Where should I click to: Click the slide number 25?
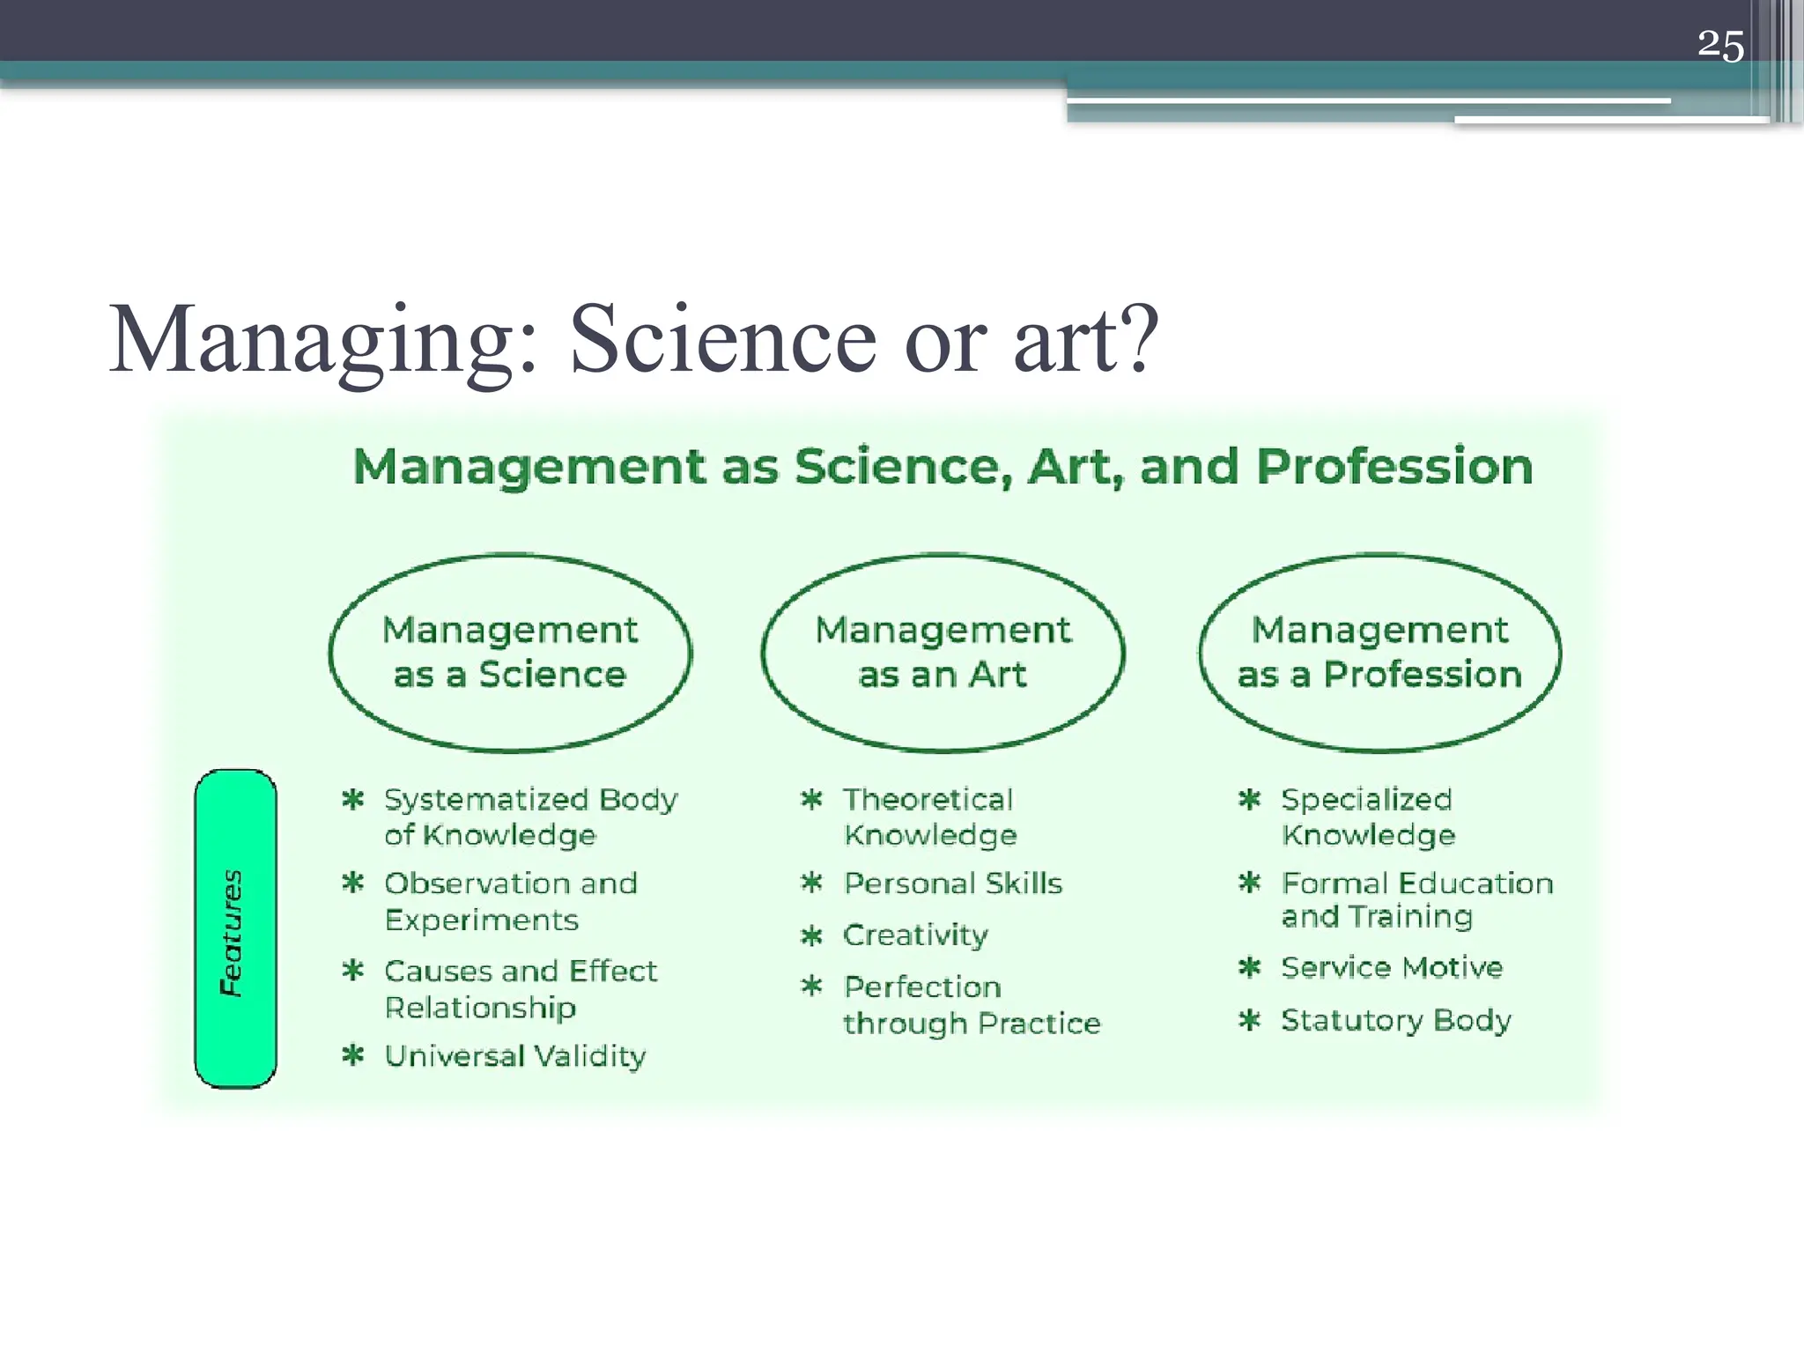click(1719, 46)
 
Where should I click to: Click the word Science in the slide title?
click(722, 341)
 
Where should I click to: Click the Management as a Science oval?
click(510, 653)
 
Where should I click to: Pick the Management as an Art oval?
click(943, 653)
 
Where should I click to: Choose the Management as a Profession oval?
click(1379, 653)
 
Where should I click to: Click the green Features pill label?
click(235, 929)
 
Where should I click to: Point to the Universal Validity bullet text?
click(515, 1055)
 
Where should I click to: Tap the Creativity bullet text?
click(915, 935)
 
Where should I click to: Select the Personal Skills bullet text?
click(953, 883)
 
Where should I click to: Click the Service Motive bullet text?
click(1392, 967)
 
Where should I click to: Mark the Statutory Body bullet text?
click(1396, 1020)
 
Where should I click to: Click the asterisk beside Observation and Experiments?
click(353, 883)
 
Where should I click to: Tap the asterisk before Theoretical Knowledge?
click(811, 800)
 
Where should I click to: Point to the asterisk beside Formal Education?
click(1249, 883)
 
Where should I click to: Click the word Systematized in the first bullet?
click(485, 800)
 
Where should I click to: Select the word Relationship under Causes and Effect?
click(480, 1007)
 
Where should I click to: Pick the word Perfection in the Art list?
click(922, 987)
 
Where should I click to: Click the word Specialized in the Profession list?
click(1366, 800)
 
